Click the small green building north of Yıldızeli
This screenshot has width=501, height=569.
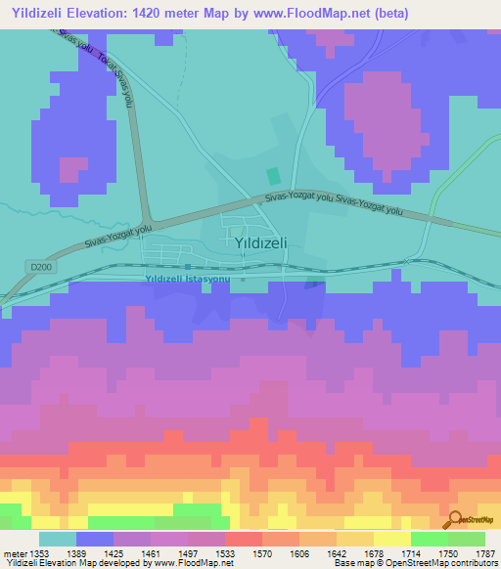pyautogui.click(x=273, y=177)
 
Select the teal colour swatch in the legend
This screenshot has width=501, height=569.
pyautogui.click(x=57, y=539)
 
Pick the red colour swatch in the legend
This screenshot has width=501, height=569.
pyautogui.click(x=243, y=539)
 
